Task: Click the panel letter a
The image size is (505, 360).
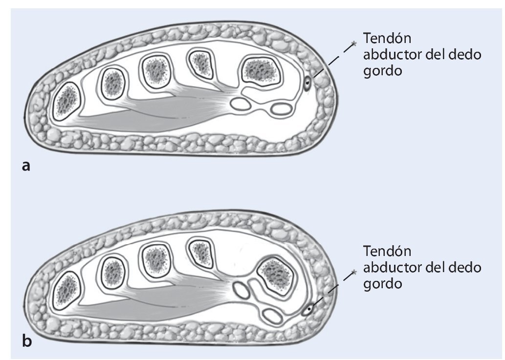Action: click(x=26, y=166)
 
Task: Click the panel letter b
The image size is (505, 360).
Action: click(x=27, y=341)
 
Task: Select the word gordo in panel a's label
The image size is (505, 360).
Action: click(x=383, y=71)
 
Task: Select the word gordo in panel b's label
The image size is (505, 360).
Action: click(x=383, y=283)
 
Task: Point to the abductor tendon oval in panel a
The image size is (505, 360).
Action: click(x=307, y=84)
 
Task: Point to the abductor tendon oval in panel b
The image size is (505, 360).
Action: click(x=308, y=309)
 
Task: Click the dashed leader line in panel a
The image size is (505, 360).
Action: click(x=332, y=61)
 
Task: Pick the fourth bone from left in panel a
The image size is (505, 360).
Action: click(x=201, y=64)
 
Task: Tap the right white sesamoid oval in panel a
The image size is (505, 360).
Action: click(x=280, y=108)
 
